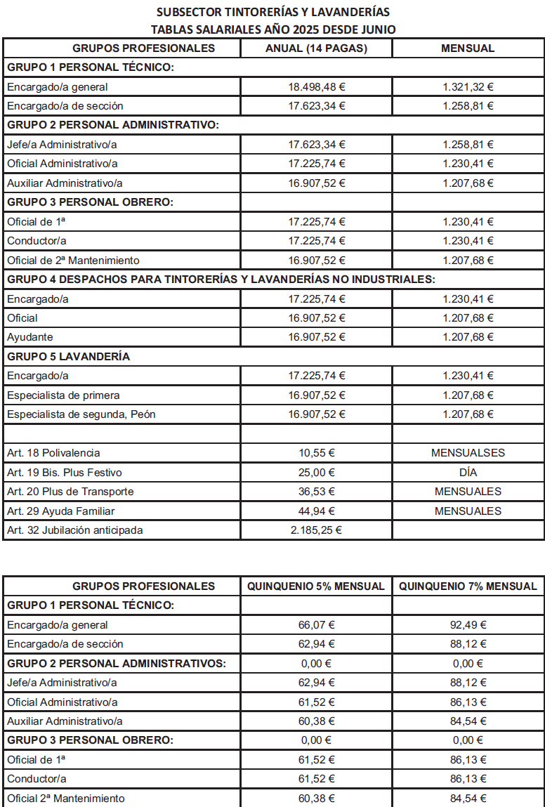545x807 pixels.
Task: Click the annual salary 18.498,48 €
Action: pos(317,87)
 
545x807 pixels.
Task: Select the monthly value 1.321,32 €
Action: pos(468,87)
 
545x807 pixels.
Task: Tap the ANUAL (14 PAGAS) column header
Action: pos(317,48)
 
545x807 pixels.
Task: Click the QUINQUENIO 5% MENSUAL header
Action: pos(317,586)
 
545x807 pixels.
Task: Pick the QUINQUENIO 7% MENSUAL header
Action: pos(468,586)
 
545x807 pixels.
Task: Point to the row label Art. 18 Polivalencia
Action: pos(53,453)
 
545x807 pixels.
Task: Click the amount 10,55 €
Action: pos(317,453)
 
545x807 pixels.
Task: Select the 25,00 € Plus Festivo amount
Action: pos(317,472)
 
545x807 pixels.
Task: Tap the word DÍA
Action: pos(468,472)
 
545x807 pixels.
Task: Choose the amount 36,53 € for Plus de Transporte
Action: pos(317,492)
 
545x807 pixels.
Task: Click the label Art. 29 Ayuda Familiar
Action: pos(61,511)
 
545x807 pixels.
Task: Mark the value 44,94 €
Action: pos(317,511)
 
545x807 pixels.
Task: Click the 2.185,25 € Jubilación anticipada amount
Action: pos(317,530)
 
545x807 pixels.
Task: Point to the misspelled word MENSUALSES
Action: pos(468,453)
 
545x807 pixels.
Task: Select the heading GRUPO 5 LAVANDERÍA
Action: pos(69,356)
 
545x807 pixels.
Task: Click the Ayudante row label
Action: pos(30,337)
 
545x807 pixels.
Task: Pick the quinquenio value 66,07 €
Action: pos(317,624)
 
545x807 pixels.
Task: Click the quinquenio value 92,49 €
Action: pos(468,624)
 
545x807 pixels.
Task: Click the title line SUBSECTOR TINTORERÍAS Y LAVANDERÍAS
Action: pos(273,12)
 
